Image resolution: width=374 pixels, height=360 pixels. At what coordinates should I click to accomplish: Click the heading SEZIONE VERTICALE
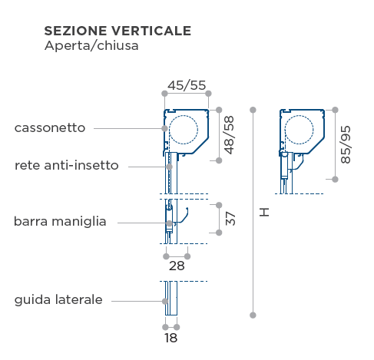pyautogui.click(x=117, y=31)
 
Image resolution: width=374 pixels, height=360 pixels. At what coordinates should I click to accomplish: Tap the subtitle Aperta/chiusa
pyautogui.click(x=91, y=46)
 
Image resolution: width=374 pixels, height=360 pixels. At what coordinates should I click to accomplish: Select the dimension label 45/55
pyautogui.click(x=187, y=85)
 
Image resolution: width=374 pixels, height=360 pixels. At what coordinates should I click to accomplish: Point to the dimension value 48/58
pyautogui.click(x=229, y=135)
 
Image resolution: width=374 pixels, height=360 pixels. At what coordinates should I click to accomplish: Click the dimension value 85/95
pyautogui.click(x=346, y=144)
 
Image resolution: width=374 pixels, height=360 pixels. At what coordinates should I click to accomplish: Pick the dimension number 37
pyautogui.click(x=230, y=219)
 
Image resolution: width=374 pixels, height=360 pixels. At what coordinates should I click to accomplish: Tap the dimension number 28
pyautogui.click(x=177, y=266)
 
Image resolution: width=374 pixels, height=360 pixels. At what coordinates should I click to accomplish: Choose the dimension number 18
pyautogui.click(x=170, y=338)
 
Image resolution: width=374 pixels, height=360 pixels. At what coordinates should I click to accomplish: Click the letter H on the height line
pyautogui.click(x=264, y=212)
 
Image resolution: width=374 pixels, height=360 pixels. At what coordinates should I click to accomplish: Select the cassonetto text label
pyautogui.click(x=50, y=127)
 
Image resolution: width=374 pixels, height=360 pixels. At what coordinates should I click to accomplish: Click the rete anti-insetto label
pyautogui.click(x=67, y=165)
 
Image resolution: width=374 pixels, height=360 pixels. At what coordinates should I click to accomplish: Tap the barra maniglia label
pyautogui.click(x=60, y=221)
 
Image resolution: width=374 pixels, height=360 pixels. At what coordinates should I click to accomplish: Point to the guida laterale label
pyautogui.click(x=58, y=299)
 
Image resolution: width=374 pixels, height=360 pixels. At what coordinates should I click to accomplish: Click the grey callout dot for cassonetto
pyautogui.click(x=165, y=128)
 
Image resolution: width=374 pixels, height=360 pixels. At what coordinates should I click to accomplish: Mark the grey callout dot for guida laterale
pyautogui.click(x=165, y=301)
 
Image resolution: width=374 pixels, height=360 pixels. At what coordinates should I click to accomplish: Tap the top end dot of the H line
pyautogui.click(x=253, y=110)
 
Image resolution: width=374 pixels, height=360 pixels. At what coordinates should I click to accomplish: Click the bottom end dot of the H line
pyautogui.click(x=253, y=315)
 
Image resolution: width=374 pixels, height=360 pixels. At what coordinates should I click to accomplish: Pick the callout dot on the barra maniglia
pyautogui.click(x=169, y=223)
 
